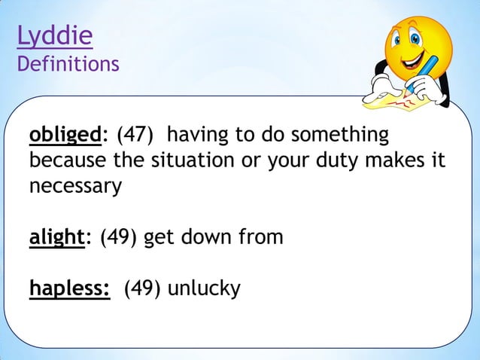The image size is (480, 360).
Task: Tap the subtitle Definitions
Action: click(68, 64)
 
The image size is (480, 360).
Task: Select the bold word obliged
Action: click(65, 136)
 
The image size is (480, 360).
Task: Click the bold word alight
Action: click(56, 237)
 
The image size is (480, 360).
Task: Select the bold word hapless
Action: click(71, 288)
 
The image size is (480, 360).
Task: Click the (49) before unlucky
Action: click(142, 288)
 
